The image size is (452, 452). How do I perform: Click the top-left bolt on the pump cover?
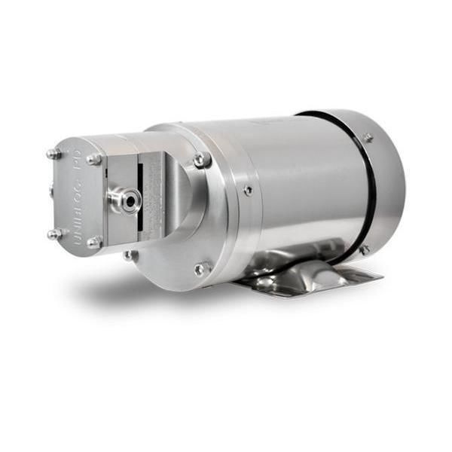54,154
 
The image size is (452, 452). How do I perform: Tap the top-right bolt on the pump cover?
93,159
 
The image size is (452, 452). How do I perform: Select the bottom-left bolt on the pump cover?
54,234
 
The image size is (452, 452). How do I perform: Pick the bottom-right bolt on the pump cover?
93,242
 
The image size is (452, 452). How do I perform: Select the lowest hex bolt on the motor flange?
200,268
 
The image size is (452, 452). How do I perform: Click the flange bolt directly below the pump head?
130,255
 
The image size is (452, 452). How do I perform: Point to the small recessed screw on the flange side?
248,191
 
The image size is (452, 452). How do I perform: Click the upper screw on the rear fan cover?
368,138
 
